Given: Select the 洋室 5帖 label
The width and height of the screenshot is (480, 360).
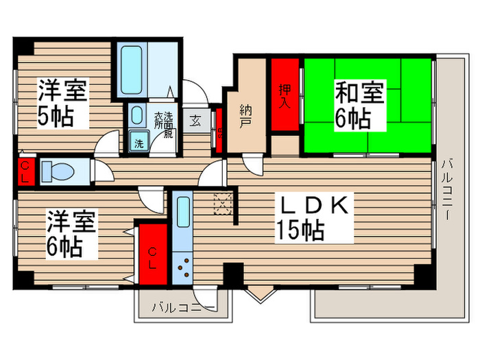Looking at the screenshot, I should click(62, 103).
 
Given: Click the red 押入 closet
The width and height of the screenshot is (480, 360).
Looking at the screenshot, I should click(285, 95).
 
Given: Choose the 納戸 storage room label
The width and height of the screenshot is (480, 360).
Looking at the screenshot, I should click(246, 116).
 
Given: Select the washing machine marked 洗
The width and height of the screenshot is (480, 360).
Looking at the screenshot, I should click(139, 144).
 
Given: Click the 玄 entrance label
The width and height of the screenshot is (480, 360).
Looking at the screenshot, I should click(196, 121).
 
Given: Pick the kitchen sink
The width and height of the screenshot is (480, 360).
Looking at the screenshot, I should click(184, 214).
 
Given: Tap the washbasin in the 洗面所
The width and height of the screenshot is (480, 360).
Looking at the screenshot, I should click(136, 115).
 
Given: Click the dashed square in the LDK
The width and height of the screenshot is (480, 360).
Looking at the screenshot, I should click(224, 204).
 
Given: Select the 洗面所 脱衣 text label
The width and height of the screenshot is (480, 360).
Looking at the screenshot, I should click(163, 123).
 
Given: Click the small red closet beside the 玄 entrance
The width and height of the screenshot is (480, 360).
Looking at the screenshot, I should click(219, 126).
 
